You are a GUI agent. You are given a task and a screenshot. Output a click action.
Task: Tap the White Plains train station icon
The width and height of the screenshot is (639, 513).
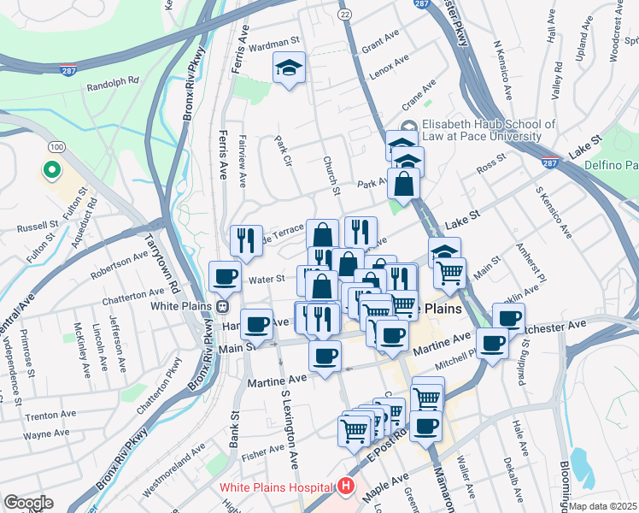click(223, 305)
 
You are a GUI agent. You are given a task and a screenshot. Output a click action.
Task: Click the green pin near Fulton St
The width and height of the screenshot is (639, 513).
click(51, 170)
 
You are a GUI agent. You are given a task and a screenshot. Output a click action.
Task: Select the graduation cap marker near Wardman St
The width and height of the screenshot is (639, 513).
click(290, 68)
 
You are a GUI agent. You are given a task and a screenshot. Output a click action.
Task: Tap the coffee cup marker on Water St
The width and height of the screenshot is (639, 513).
click(225, 277)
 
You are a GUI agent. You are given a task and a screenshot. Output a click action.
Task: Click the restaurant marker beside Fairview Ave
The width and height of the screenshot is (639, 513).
click(245, 240)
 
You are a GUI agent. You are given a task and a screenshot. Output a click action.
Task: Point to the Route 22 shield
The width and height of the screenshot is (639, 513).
click(343, 15)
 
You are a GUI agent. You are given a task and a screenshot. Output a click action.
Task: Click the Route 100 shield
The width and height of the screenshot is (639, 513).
click(56, 148)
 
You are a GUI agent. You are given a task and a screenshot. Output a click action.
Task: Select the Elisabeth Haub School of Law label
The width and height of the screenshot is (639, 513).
click(490, 130)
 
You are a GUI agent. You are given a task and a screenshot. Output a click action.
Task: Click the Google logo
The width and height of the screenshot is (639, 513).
click(29, 503)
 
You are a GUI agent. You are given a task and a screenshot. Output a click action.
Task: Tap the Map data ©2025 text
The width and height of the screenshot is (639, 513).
click(603, 506)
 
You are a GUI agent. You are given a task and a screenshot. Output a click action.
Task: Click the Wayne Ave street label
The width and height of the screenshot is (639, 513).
click(45, 434)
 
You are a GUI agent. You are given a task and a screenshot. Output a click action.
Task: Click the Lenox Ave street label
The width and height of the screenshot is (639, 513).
click(389, 68)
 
